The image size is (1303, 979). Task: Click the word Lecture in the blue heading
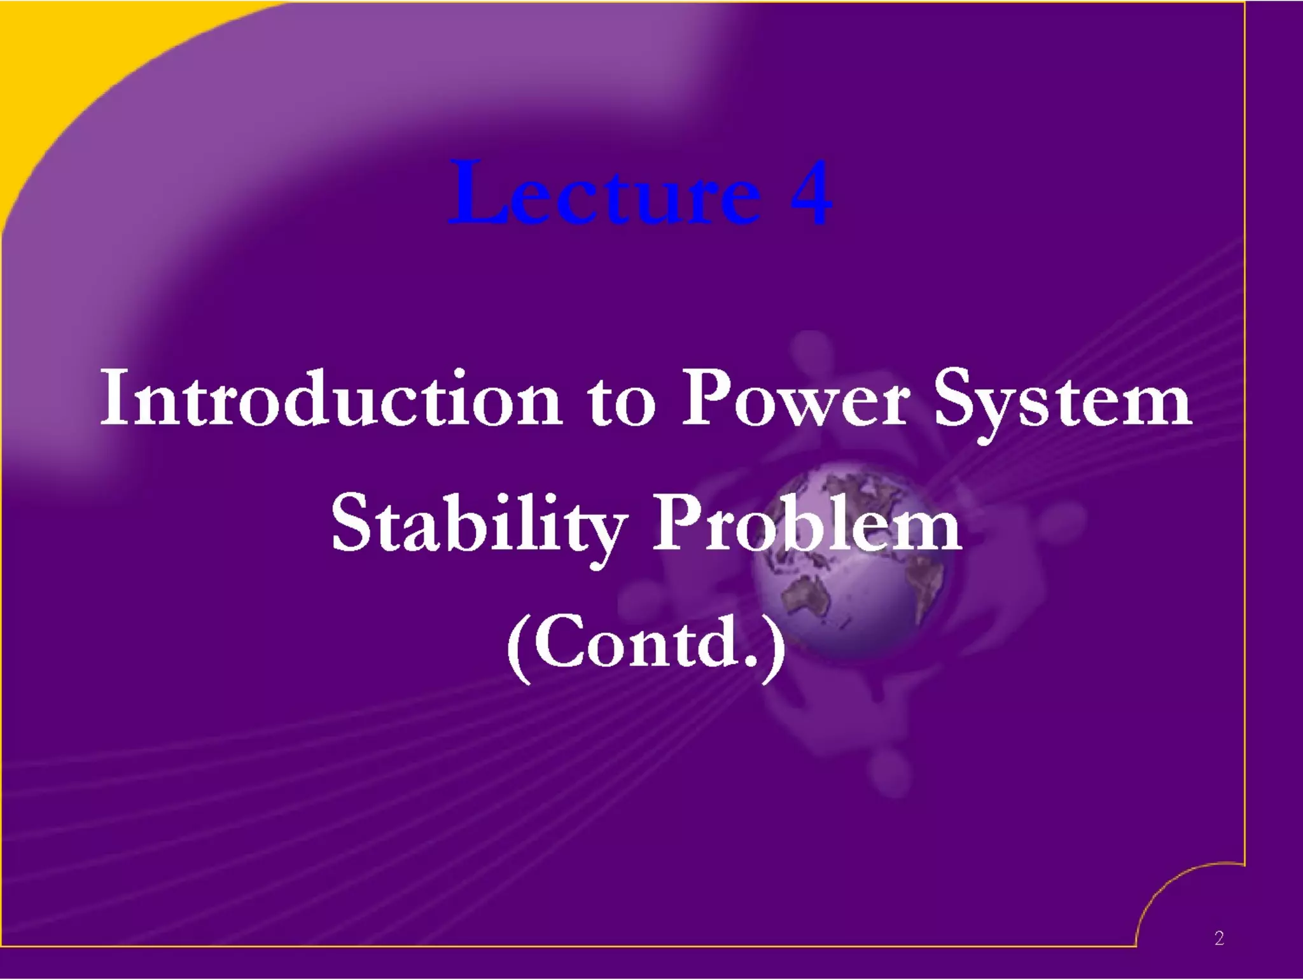[x=604, y=194]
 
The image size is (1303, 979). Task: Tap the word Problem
[x=807, y=525]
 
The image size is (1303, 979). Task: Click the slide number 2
[x=1218, y=938]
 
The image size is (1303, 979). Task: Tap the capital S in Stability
[x=352, y=524]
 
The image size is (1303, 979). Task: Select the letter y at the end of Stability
[x=606, y=534]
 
